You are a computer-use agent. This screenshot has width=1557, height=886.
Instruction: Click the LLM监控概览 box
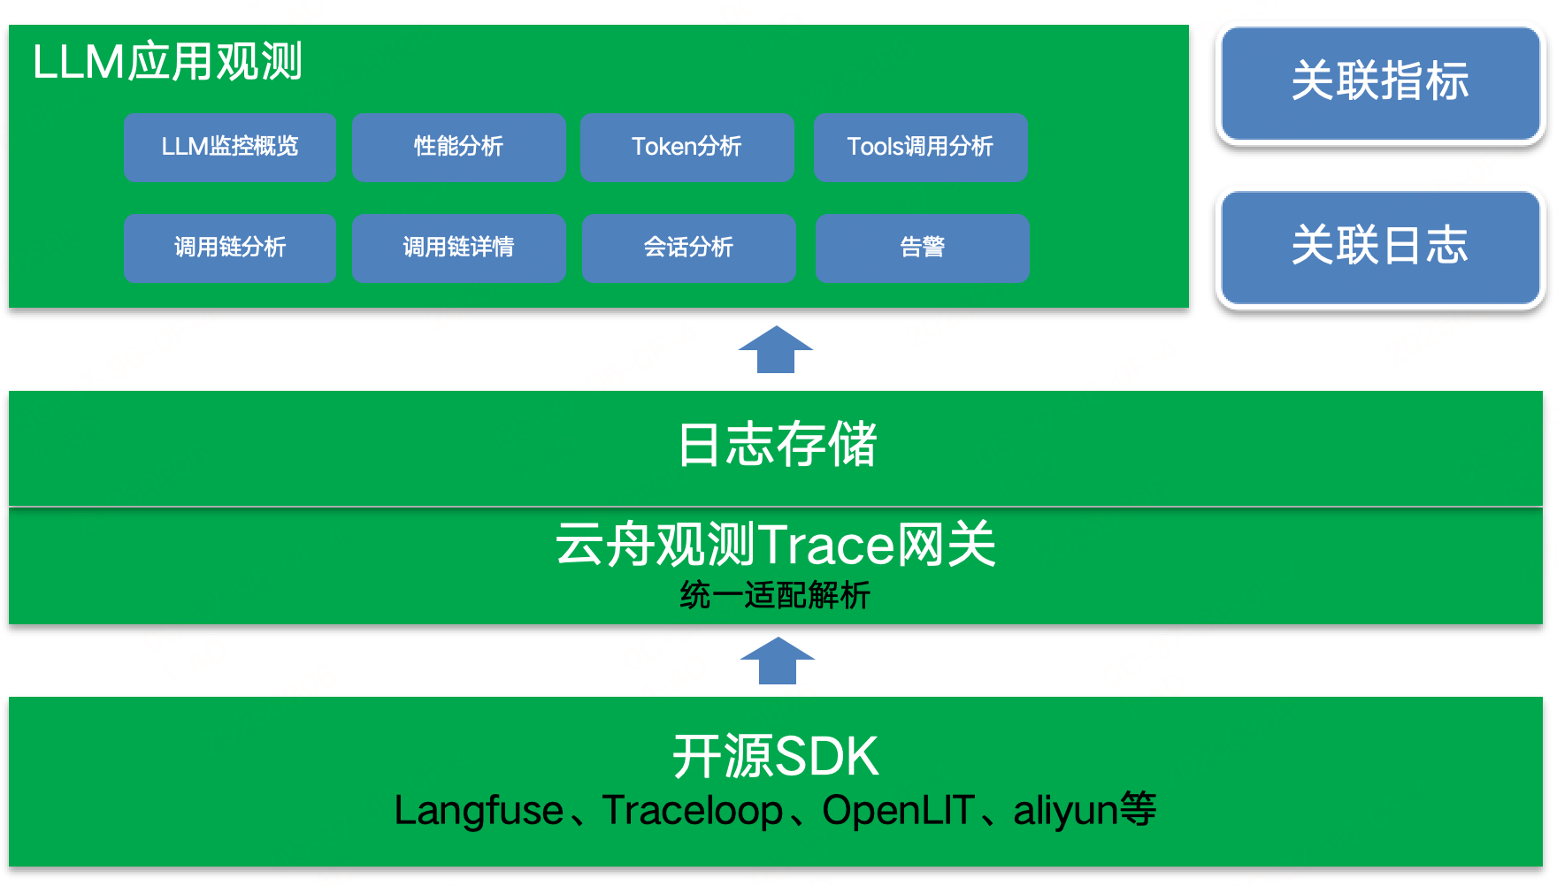pyautogui.click(x=230, y=147)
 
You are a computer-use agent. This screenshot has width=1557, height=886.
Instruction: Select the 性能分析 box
pyautogui.click(x=458, y=147)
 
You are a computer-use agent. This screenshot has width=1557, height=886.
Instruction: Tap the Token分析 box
pyautogui.click(x=686, y=147)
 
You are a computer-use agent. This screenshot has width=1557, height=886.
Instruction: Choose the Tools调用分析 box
pyautogui.click(x=920, y=147)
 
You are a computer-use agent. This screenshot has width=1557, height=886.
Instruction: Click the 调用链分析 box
pyautogui.click(x=230, y=248)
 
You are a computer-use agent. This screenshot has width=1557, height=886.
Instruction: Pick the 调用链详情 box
pyautogui.click(x=458, y=248)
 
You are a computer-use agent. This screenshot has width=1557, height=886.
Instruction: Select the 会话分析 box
pyautogui.click(x=688, y=248)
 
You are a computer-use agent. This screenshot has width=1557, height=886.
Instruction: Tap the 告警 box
pyautogui.click(x=922, y=248)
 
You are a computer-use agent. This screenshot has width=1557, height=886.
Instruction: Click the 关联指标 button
pyautogui.click(x=1380, y=83)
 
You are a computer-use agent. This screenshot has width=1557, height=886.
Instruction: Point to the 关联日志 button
pyautogui.click(x=1380, y=248)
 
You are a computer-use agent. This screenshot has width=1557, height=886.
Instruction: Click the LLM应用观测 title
pyautogui.click(x=167, y=62)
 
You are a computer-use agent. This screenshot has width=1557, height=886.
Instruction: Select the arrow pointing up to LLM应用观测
pyautogui.click(x=776, y=349)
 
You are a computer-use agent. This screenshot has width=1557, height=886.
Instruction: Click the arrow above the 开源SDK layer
pyautogui.click(x=778, y=661)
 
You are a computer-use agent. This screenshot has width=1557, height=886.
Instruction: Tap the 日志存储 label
pyautogui.click(x=777, y=444)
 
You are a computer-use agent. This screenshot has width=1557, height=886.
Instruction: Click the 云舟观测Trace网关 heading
pyautogui.click(x=776, y=544)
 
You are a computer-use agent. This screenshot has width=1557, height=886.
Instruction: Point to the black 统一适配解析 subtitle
pyautogui.click(x=775, y=595)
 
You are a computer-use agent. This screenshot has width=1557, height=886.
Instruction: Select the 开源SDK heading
pyautogui.click(x=776, y=757)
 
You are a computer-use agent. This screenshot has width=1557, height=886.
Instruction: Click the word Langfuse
pyautogui.click(x=479, y=811)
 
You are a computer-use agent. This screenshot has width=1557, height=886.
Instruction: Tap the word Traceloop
pyautogui.click(x=693, y=811)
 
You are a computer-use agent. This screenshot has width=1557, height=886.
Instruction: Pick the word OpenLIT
pyautogui.click(x=898, y=811)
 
